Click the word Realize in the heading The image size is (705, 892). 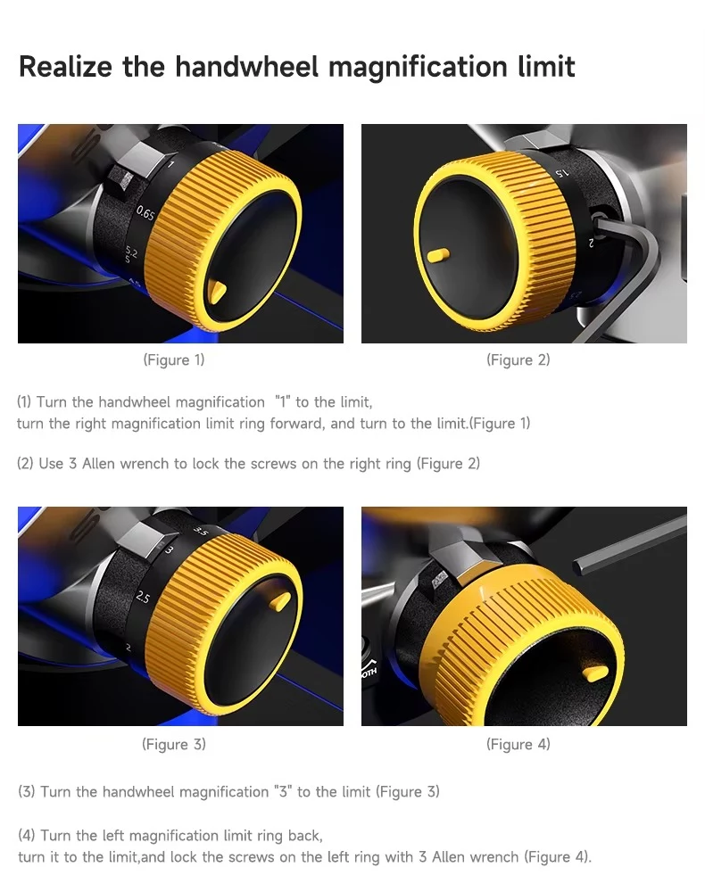click(x=65, y=67)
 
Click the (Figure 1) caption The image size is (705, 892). click(x=173, y=360)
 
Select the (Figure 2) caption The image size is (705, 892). click(x=518, y=360)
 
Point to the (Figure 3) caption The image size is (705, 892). click(x=173, y=744)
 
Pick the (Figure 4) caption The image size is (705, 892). click(x=518, y=744)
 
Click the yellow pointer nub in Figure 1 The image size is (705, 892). click(x=218, y=292)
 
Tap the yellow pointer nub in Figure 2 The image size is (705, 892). click(x=437, y=255)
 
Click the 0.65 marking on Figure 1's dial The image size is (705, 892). click(x=145, y=213)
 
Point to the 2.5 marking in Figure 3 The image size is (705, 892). click(x=143, y=598)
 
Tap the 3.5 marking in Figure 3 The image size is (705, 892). click(x=201, y=532)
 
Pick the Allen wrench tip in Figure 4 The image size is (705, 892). click(x=577, y=566)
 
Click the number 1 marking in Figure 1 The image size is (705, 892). click(x=170, y=164)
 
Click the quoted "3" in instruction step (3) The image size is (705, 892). click(x=280, y=792)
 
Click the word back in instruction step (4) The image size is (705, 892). click(x=305, y=836)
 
